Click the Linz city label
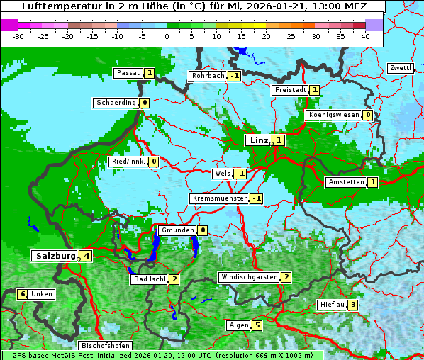pos(259,140)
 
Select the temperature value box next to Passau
pos(150,73)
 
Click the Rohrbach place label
pos(207,76)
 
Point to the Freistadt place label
pos(290,90)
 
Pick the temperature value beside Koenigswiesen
pos(367,115)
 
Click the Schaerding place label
pos(116,103)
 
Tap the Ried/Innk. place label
pos(128,162)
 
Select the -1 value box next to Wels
pos(240,174)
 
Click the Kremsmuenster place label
pos(219,198)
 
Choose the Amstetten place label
pos(345,182)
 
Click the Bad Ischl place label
pos(149,279)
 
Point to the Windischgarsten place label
pos(248,277)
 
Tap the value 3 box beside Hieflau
pos(352,305)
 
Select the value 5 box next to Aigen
pos(257,325)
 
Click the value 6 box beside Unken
pos(22,294)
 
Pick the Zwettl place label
pos(400,68)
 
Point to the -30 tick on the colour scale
pos(18,35)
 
